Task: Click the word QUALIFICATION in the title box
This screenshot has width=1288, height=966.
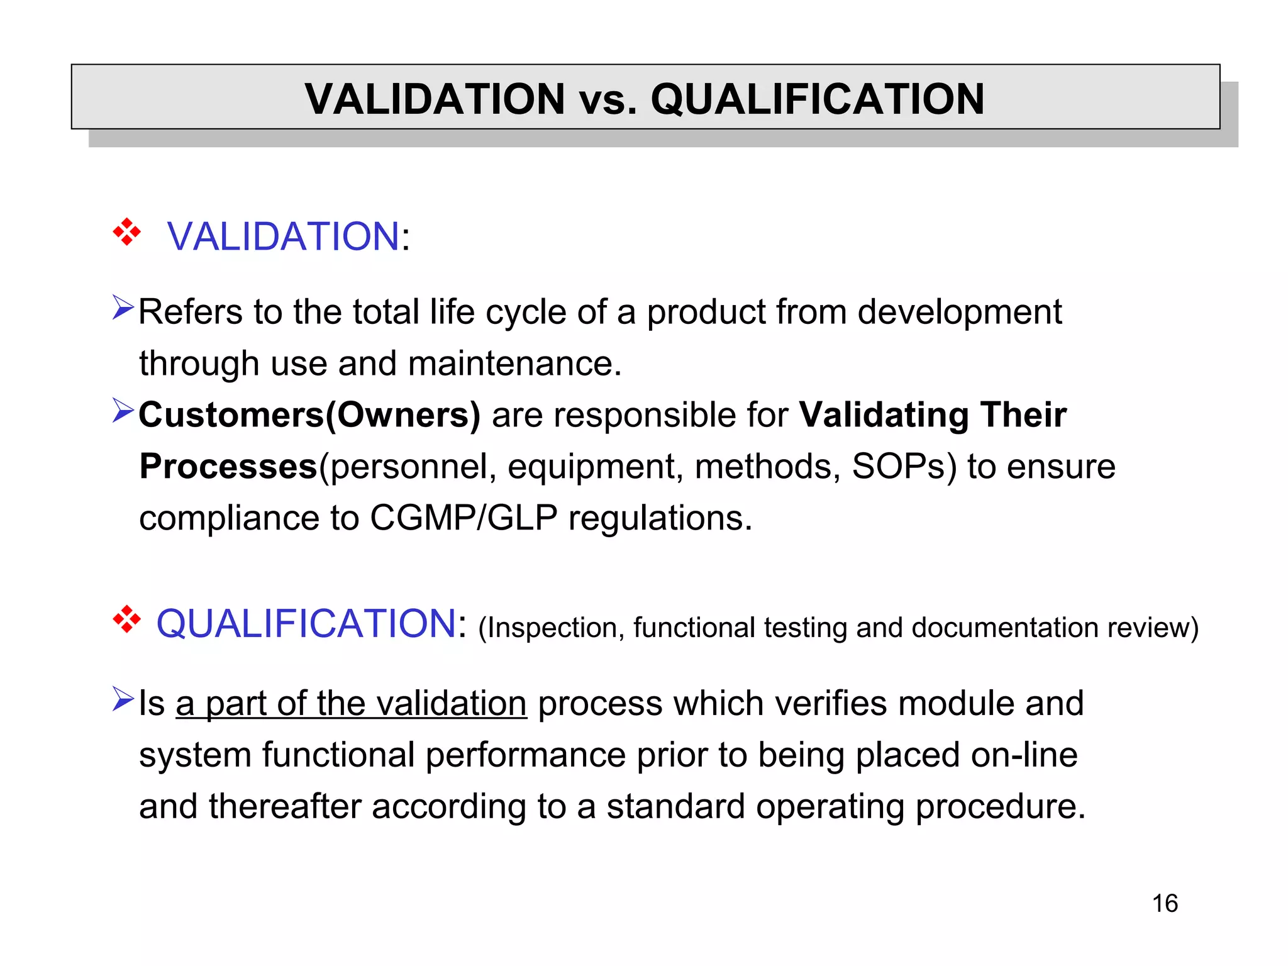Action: (817, 99)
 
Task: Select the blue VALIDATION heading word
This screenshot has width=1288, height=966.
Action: (283, 236)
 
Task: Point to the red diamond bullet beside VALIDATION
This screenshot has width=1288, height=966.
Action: (126, 232)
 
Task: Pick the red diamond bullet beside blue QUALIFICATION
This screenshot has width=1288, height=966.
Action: (126, 619)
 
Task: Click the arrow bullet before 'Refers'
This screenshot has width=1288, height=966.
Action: (123, 308)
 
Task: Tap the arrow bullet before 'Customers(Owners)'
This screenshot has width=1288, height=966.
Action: (123, 411)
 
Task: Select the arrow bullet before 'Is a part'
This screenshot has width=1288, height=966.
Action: (123, 699)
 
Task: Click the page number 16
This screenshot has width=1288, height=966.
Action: (1165, 904)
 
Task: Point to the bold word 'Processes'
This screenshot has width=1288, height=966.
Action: (228, 467)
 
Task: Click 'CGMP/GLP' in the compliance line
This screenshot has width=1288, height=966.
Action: (464, 518)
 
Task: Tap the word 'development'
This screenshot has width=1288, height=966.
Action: (960, 312)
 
